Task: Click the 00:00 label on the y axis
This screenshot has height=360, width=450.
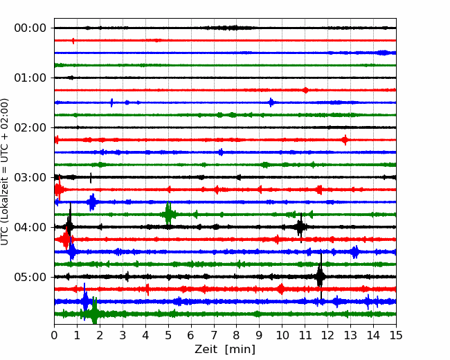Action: click(x=30, y=28)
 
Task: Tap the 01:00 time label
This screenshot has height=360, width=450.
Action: click(x=30, y=78)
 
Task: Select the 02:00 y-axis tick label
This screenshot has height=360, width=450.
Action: click(x=30, y=127)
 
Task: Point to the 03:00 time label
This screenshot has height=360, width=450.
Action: click(x=30, y=177)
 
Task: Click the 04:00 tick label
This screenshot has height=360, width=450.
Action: click(x=30, y=227)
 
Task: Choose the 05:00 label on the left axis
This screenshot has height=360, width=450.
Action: click(x=30, y=277)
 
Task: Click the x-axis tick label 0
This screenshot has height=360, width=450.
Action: click(x=54, y=335)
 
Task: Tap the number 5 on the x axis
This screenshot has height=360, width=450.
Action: click(x=168, y=335)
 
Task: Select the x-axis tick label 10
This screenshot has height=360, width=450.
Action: click(x=282, y=335)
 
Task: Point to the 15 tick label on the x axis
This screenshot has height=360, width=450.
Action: click(x=396, y=335)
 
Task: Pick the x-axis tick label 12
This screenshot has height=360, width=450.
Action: click(x=327, y=335)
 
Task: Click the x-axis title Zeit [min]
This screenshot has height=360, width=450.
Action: click(x=225, y=350)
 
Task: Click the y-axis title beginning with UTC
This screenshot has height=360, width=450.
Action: click(x=5, y=172)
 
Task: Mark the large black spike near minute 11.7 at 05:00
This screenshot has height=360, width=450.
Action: click(x=321, y=276)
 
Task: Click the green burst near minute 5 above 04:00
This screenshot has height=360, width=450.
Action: click(x=168, y=214)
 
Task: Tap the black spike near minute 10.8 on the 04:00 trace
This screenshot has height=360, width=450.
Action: click(x=300, y=227)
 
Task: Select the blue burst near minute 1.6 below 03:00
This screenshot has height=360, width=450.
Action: click(x=92, y=202)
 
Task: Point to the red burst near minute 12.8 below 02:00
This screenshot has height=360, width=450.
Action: click(x=345, y=140)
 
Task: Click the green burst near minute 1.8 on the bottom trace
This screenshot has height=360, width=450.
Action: click(x=94, y=314)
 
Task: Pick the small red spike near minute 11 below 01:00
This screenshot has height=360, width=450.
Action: click(x=305, y=90)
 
